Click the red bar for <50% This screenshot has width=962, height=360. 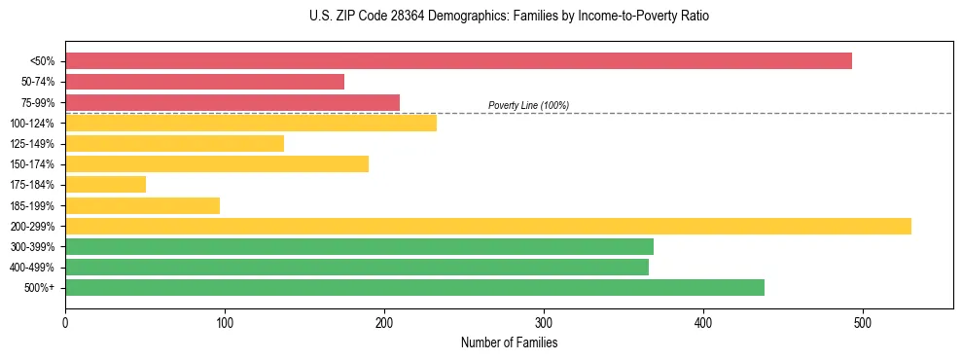pyautogui.click(x=458, y=60)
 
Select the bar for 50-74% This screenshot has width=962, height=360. pyautogui.click(x=204, y=82)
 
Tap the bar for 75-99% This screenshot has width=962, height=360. pyautogui.click(x=232, y=102)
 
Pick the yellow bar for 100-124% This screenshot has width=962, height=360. pyautogui.click(x=250, y=123)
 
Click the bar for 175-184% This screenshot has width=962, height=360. pyautogui.click(x=105, y=184)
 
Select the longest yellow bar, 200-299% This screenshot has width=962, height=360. pyautogui.click(x=487, y=226)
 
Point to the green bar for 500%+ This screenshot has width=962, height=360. pyautogui.click(x=414, y=287)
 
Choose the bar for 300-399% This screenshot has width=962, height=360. pyautogui.click(x=359, y=246)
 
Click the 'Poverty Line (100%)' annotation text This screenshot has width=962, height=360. pyautogui.click(x=528, y=105)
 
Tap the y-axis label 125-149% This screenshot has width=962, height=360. pyautogui.click(x=32, y=144)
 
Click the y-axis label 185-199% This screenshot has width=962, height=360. pyautogui.click(x=32, y=205)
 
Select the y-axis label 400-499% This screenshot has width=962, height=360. pyautogui.click(x=32, y=268)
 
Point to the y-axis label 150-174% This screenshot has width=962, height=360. pyautogui.click(x=32, y=164)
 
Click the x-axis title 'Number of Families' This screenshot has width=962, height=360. pyautogui.click(x=509, y=342)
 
